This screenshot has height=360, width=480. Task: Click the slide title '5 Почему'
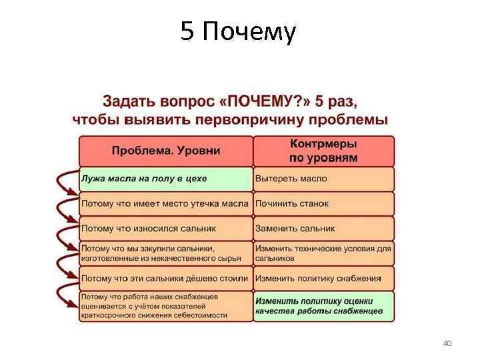[x=237, y=31]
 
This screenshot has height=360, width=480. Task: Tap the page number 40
[x=447, y=343]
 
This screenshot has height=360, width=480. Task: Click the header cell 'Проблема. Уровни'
[x=165, y=151]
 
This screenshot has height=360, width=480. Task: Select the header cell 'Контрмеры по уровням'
[x=323, y=151]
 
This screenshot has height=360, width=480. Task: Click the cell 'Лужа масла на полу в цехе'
[x=165, y=179]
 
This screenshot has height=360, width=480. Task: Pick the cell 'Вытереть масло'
[x=323, y=179]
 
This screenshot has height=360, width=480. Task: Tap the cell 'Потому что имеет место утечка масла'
[x=165, y=203]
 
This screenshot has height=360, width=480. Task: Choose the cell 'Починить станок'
[x=323, y=203]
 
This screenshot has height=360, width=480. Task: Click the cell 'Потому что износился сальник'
[x=165, y=228]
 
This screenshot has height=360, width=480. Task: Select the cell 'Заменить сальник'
[x=323, y=228]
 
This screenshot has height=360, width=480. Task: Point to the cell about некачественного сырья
[x=165, y=253]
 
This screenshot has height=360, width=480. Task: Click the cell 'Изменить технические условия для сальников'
[x=323, y=253]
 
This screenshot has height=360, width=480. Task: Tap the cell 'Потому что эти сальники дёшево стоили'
[x=165, y=278]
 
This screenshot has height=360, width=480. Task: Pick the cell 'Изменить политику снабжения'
[x=323, y=278]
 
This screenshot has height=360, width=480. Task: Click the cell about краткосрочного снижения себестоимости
[x=165, y=306]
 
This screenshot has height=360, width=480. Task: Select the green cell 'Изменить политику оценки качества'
[x=323, y=306]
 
